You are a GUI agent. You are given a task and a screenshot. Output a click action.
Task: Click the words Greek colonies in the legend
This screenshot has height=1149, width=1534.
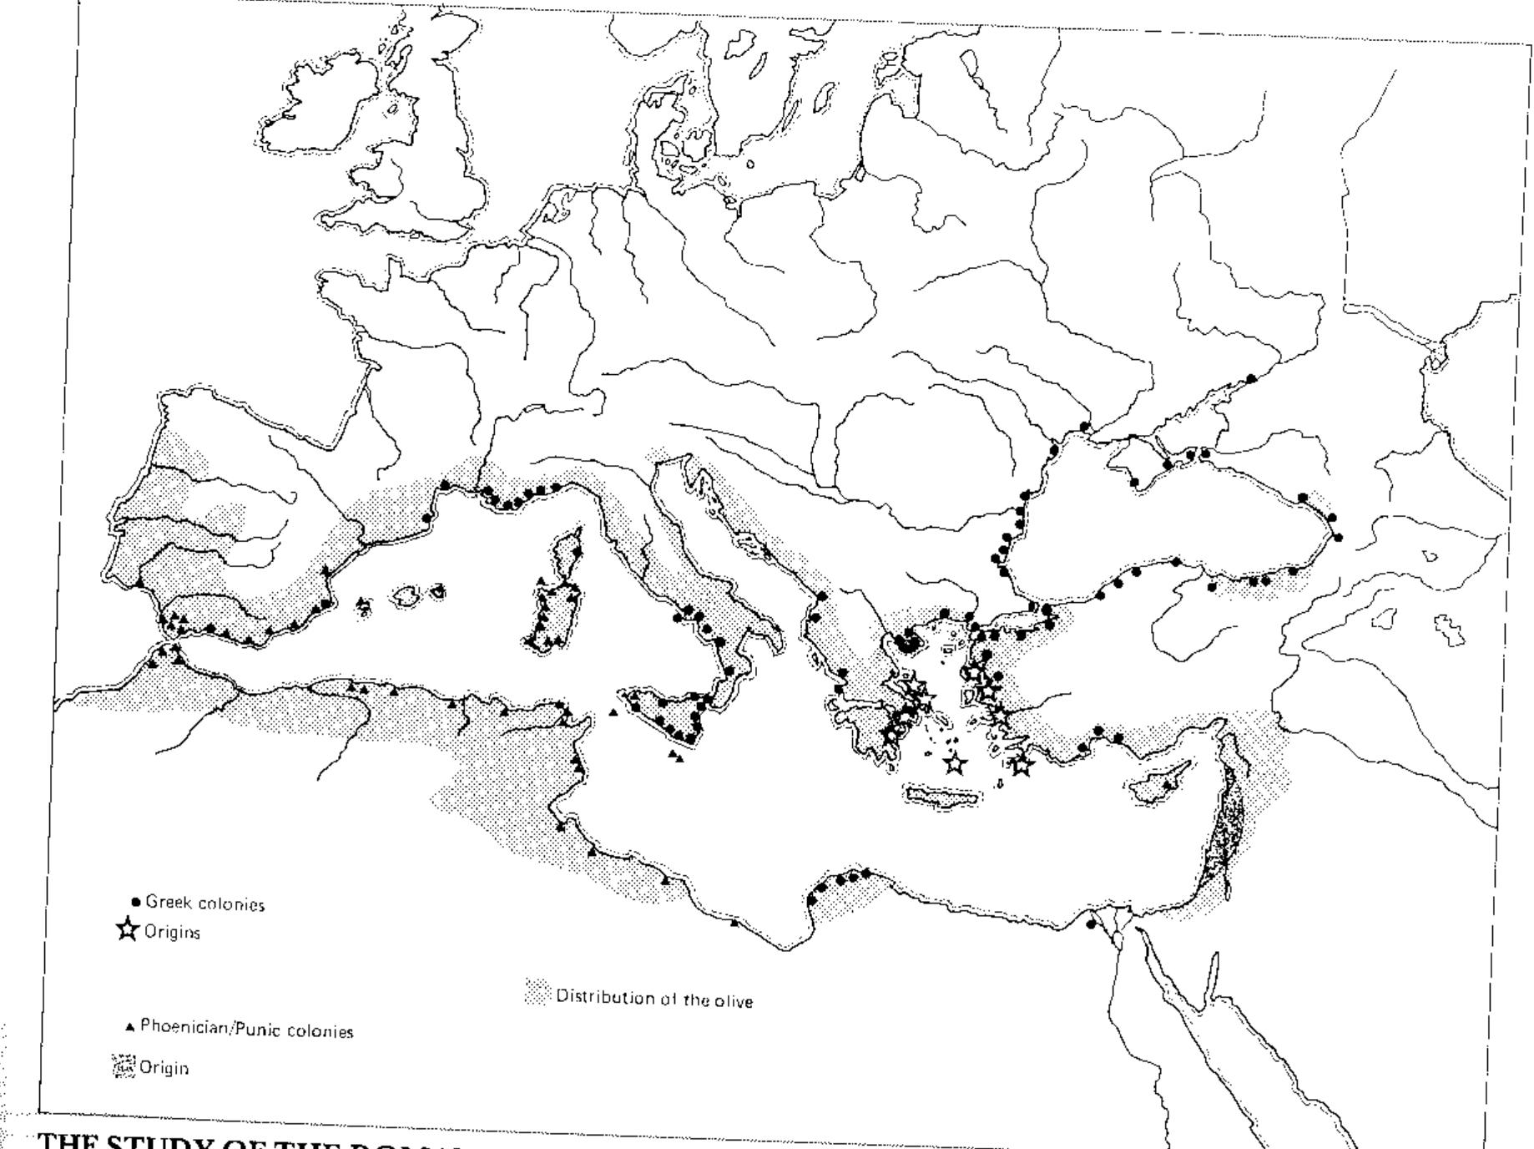(204, 904)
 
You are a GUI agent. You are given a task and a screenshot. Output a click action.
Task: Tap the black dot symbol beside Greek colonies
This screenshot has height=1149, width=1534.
(136, 903)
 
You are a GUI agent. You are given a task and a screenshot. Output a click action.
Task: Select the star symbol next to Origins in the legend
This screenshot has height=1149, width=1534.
(128, 929)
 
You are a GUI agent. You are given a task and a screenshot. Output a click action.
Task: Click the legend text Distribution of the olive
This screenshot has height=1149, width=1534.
(654, 999)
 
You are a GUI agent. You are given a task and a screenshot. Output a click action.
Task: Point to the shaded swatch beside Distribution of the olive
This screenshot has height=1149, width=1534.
(538, 993)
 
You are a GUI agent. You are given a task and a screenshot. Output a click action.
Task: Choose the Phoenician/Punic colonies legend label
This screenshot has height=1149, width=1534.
(246, 1030)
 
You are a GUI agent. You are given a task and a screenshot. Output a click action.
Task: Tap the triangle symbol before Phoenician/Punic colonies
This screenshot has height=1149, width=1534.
(129, 1027)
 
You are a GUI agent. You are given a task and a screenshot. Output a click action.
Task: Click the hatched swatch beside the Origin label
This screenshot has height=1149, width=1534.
(123, 1066)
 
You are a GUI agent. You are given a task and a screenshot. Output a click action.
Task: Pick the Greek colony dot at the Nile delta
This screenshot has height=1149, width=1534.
(1091, 924)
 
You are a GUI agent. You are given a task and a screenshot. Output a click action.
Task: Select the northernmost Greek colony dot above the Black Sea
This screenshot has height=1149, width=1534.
(1250, 379)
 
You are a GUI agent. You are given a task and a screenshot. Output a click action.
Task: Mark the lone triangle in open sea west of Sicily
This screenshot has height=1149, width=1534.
(614, 712)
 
